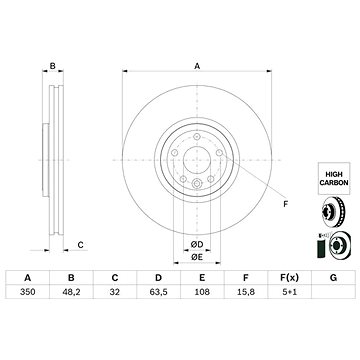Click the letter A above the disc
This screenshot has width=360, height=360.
tap(196, 67)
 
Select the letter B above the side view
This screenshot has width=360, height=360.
tap(52, 67)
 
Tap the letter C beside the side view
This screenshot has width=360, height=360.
tap(80, 244)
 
